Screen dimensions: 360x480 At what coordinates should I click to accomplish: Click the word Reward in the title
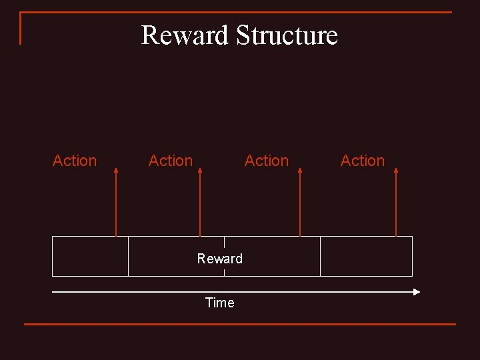click(184, 35)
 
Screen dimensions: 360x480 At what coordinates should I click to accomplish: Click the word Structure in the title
click(287, 35)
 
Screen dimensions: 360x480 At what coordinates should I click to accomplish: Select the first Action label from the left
click(75, 161)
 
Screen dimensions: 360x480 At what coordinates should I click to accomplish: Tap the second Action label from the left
click(171, 161)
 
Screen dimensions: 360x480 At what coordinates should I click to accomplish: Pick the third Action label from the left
click(267, 161)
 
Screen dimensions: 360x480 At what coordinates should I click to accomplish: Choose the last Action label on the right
click(363, 161)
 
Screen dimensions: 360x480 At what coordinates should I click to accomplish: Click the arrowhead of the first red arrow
click(116, 171)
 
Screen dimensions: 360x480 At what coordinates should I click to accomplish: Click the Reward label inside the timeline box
click(220, 259)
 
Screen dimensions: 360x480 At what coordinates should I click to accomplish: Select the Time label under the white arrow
click(220, 303)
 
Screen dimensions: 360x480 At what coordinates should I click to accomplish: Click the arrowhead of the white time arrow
click(417, 291)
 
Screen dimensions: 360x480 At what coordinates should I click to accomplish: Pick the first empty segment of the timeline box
click(90, 256)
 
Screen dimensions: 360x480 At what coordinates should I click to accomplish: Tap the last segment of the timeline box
click(366, 256)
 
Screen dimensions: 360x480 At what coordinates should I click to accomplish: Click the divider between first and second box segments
click(128, 256)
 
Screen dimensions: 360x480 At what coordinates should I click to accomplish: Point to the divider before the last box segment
click(320, 256)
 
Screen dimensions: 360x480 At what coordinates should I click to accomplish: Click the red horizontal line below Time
click(240, 324)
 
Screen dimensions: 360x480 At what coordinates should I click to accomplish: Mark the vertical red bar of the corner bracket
click(21, 28)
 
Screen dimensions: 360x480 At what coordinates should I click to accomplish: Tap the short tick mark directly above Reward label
click(224, 243)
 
